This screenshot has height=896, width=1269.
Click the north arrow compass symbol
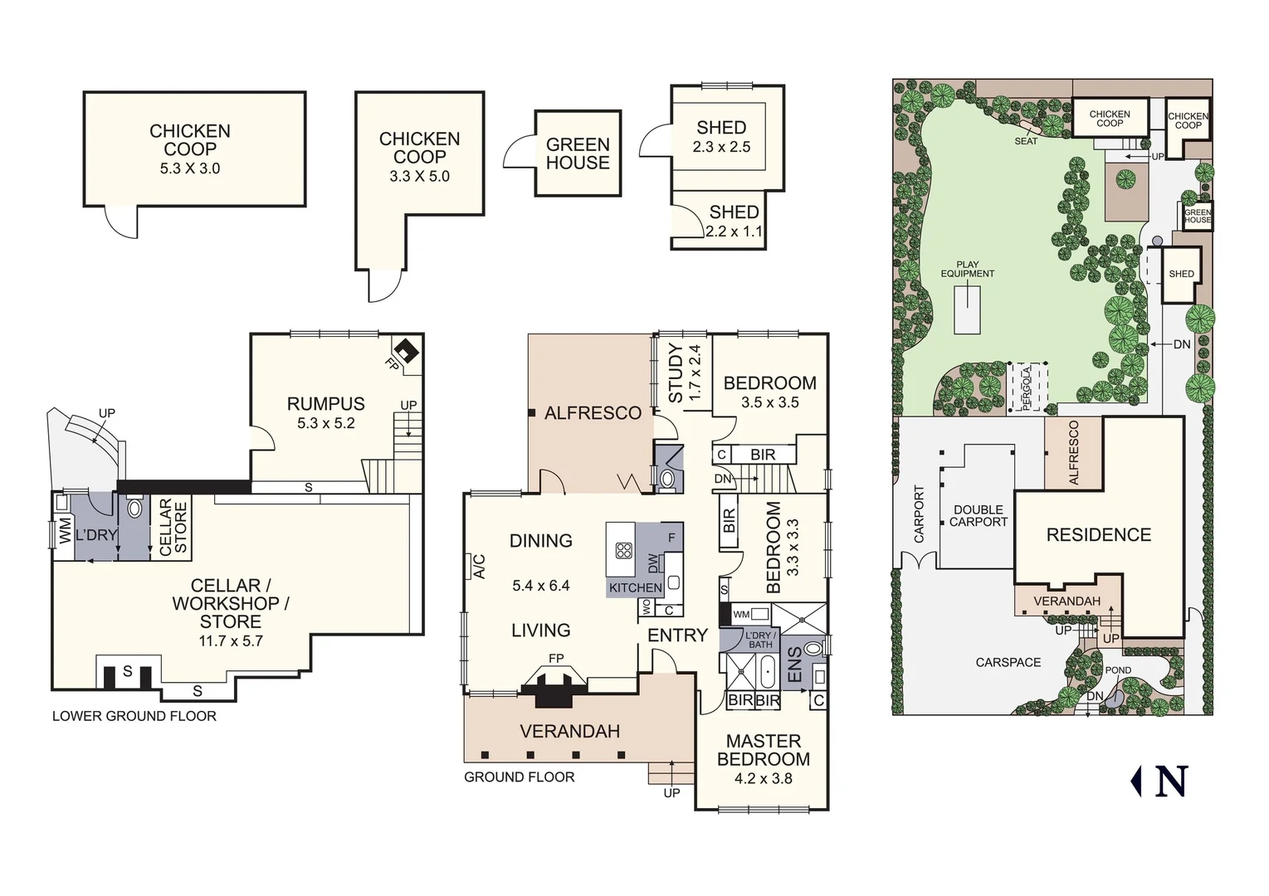[1159, 781]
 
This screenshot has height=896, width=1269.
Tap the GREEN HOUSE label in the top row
[578, 153]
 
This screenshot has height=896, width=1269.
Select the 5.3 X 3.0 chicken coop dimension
[190, 168]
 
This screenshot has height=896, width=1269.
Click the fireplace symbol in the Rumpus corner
[406, 349]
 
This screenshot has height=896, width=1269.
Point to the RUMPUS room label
[325, 404]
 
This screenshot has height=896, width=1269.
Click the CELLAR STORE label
[173, 527]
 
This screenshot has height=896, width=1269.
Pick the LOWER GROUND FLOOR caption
[134, 716]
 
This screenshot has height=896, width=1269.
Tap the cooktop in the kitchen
[623, 550]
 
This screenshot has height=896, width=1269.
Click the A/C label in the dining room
[479, 567]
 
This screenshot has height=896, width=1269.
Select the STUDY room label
[676, 373]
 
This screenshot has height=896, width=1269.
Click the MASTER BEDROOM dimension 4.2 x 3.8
[763, 779]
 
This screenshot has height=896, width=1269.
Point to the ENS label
[794, 665]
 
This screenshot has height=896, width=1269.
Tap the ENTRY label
[677, 635]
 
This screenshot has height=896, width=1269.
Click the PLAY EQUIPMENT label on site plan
[967, 269]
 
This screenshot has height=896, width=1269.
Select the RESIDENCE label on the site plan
[1098, 535]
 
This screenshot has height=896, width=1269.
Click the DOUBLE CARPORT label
[978, 516]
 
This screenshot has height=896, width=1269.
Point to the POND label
[1118, 670]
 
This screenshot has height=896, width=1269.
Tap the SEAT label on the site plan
[1026, 141]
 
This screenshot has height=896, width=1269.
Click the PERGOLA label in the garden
[1027, 387]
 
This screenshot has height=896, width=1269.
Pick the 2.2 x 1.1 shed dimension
[734, 232]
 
